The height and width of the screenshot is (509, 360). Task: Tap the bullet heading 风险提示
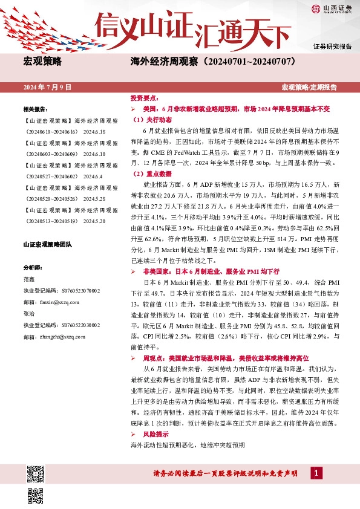155,434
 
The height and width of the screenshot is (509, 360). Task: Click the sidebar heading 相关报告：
35,109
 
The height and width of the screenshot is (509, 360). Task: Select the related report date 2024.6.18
94,131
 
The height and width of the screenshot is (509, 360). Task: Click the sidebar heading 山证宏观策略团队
47,244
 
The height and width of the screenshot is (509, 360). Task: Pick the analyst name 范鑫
29,279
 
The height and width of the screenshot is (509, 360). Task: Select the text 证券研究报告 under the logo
333,46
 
